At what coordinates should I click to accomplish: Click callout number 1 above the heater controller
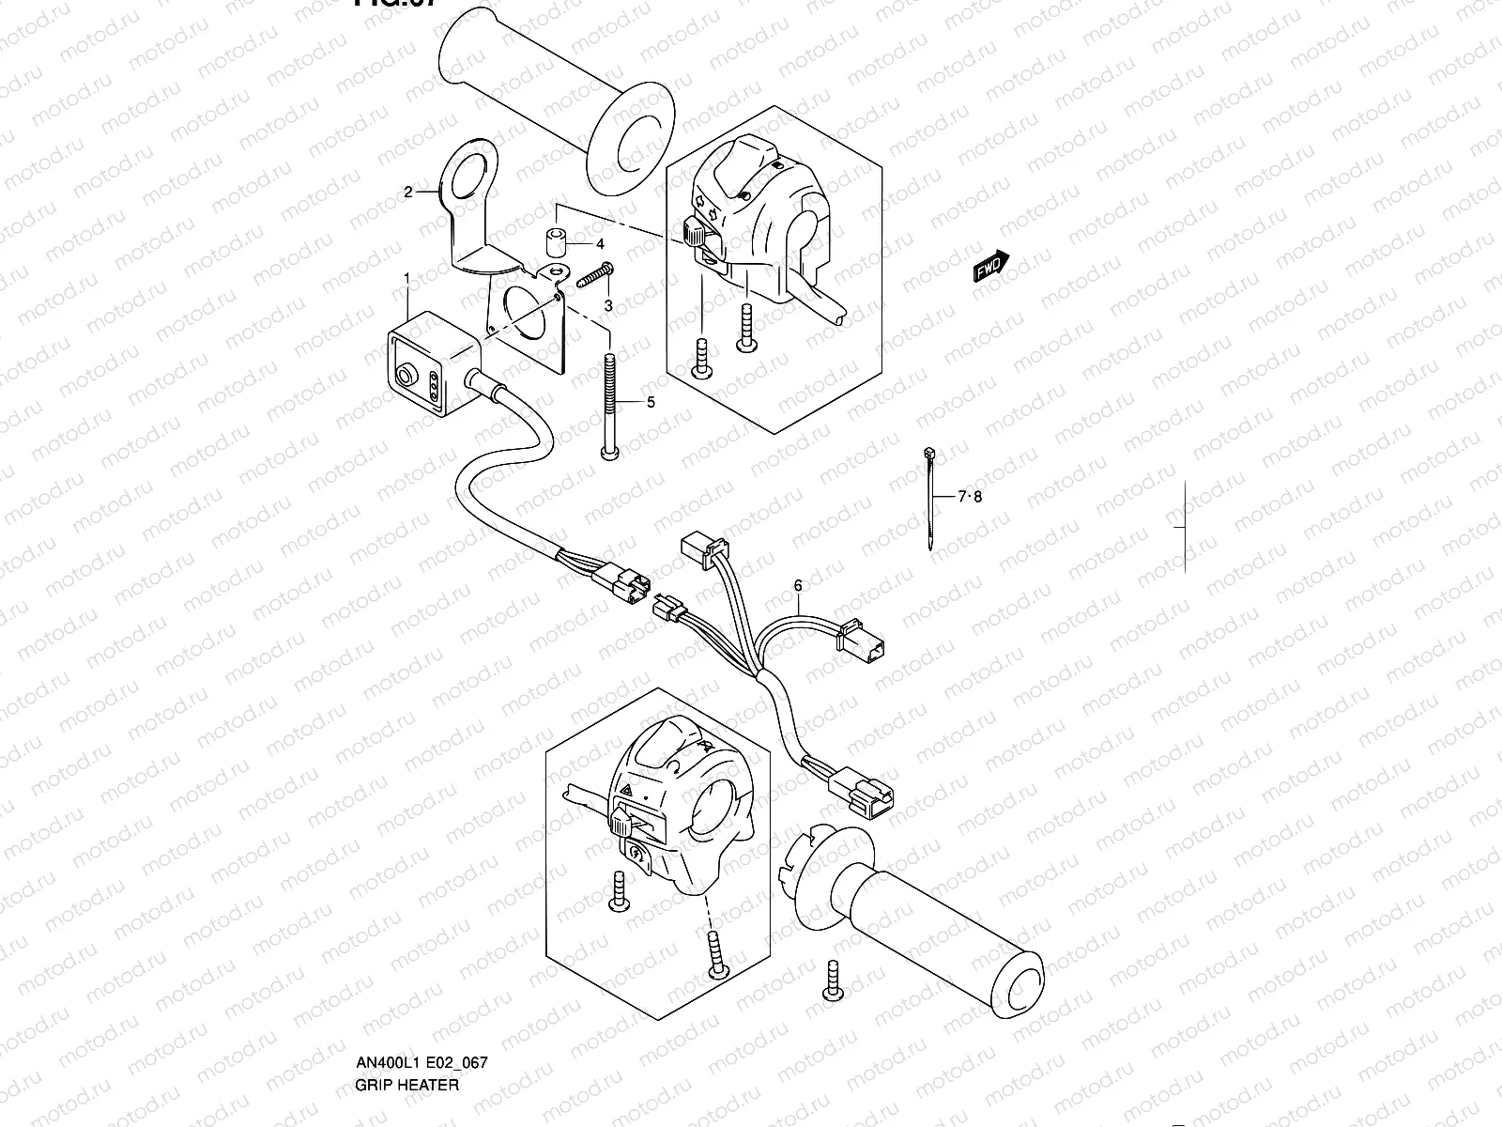(406, 278)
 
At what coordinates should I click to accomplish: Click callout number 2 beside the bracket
(408, 193)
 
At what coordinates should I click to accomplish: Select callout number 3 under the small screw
(607, 306)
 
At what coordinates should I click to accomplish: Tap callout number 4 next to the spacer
(600, 243)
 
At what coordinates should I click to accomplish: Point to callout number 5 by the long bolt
(650, 402)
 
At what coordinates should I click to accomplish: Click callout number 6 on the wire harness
(798, 585)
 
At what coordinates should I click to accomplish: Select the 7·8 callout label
(969, 497)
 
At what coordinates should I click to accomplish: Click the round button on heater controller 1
(407, 378)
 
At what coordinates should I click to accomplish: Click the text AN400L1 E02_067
(421, 1063)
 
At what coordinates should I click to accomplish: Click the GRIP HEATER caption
(406, 1085)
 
